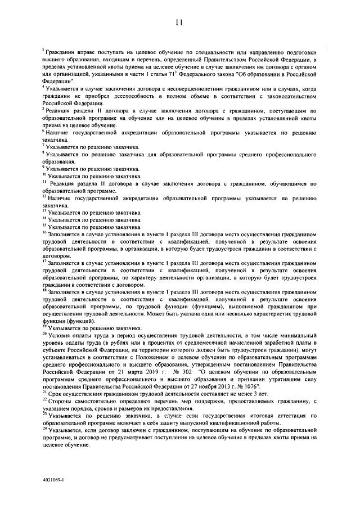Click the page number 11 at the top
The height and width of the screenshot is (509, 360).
point(179,22)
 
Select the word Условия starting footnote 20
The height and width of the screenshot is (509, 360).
point(62,335)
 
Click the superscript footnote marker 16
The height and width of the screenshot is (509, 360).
point(44,231)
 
